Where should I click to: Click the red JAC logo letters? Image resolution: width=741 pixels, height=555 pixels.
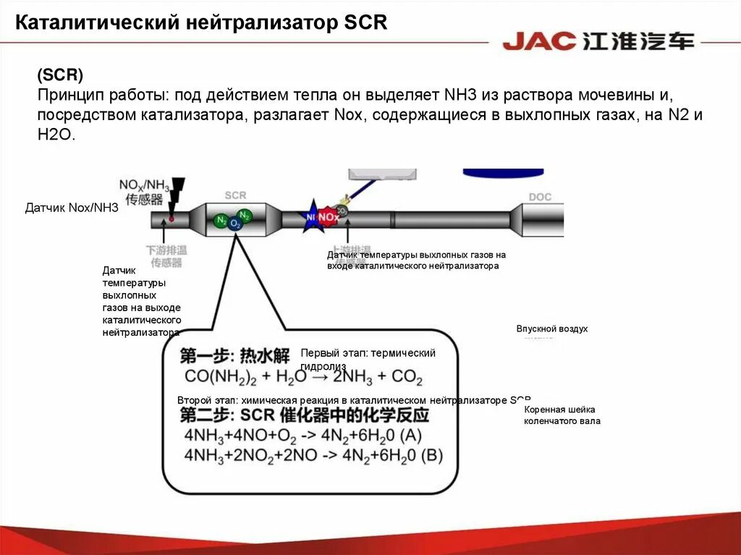539,41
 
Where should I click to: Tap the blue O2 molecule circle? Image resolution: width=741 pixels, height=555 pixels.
235,224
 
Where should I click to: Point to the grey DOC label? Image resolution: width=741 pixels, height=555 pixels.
539,197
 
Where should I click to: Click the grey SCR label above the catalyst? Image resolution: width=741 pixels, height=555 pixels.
235,195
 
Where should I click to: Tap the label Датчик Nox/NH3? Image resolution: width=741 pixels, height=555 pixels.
72,208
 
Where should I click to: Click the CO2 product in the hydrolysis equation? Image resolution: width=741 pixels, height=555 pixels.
407,377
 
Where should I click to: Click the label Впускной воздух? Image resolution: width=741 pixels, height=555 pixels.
552,329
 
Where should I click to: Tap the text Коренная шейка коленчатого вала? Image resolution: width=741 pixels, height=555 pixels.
562,415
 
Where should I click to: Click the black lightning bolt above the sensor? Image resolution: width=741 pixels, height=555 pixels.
176,191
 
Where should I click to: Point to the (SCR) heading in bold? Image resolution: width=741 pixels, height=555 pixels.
61,76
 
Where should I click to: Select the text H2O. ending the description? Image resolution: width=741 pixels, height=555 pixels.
56,135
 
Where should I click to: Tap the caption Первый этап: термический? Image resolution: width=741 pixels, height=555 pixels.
368,353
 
